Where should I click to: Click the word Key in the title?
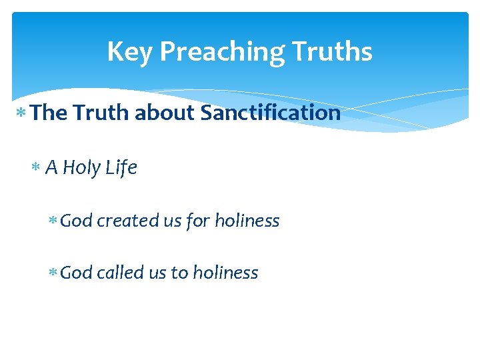130,52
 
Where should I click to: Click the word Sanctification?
270,113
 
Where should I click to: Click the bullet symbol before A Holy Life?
37,168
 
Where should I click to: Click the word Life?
121,168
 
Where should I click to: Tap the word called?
121,273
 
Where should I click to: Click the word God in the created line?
76,221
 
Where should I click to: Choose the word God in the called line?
76,273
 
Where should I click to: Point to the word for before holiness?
198,221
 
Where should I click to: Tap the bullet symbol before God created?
53,221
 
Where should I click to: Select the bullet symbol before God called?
53,273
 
